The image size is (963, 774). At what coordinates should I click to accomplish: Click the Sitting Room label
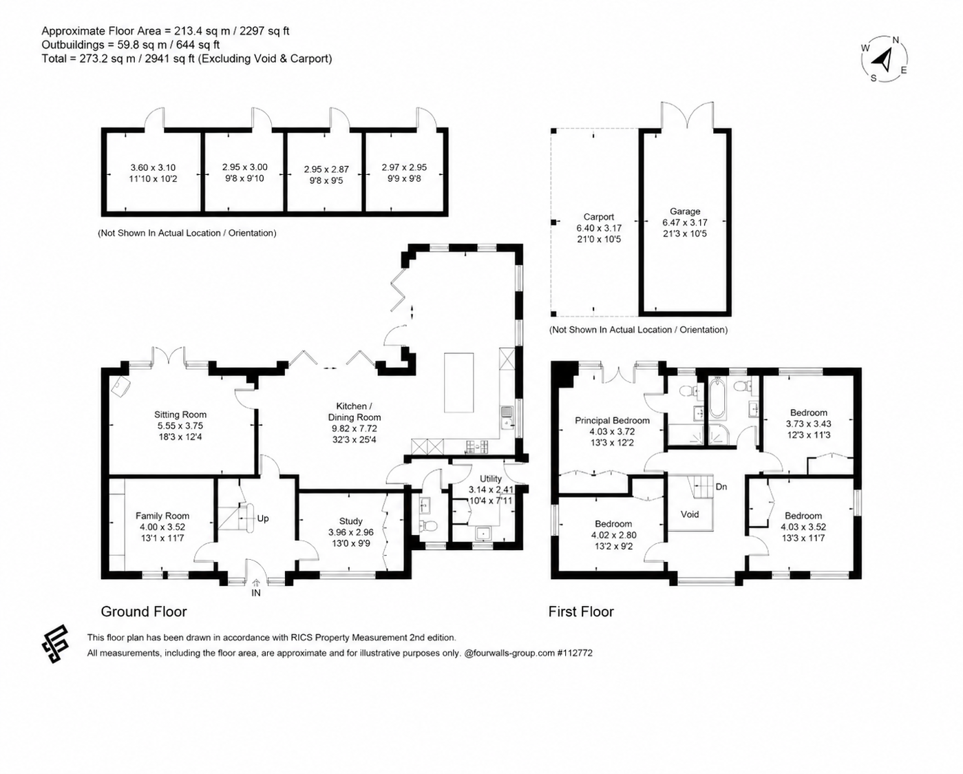180,415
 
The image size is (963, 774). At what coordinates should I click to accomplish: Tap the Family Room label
162,516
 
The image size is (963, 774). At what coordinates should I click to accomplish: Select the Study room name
351,521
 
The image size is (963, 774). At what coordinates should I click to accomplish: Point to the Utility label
491,479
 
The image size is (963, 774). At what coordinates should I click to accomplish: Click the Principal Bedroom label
612,420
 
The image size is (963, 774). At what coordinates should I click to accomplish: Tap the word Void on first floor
690,514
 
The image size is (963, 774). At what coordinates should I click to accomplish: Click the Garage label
685,211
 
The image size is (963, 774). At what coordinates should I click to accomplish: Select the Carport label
599,217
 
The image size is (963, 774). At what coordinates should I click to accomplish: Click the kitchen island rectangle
458,382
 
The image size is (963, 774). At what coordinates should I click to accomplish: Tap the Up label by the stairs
263,519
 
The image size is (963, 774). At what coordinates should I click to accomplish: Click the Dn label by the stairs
721,487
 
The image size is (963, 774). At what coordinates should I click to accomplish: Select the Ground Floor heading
144,611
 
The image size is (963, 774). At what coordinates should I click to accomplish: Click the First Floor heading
581,611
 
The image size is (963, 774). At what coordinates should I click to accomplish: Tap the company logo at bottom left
55,644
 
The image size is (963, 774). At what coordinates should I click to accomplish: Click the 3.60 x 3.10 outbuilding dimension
153,168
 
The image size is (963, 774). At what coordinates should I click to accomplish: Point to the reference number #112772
575,653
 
